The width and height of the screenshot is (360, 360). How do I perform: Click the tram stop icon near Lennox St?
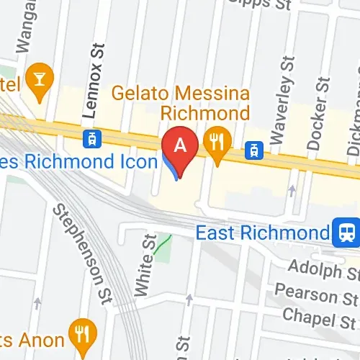tap(92, 137)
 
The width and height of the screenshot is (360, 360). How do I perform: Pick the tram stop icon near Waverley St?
tap(253, 150)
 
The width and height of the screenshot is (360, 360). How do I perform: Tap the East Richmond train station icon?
tap(347, 232)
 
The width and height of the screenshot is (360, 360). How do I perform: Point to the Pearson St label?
tap(317, 294)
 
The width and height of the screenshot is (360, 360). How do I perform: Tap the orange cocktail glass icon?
tap(37, 76)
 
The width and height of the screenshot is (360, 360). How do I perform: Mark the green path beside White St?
tap(165, 247)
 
